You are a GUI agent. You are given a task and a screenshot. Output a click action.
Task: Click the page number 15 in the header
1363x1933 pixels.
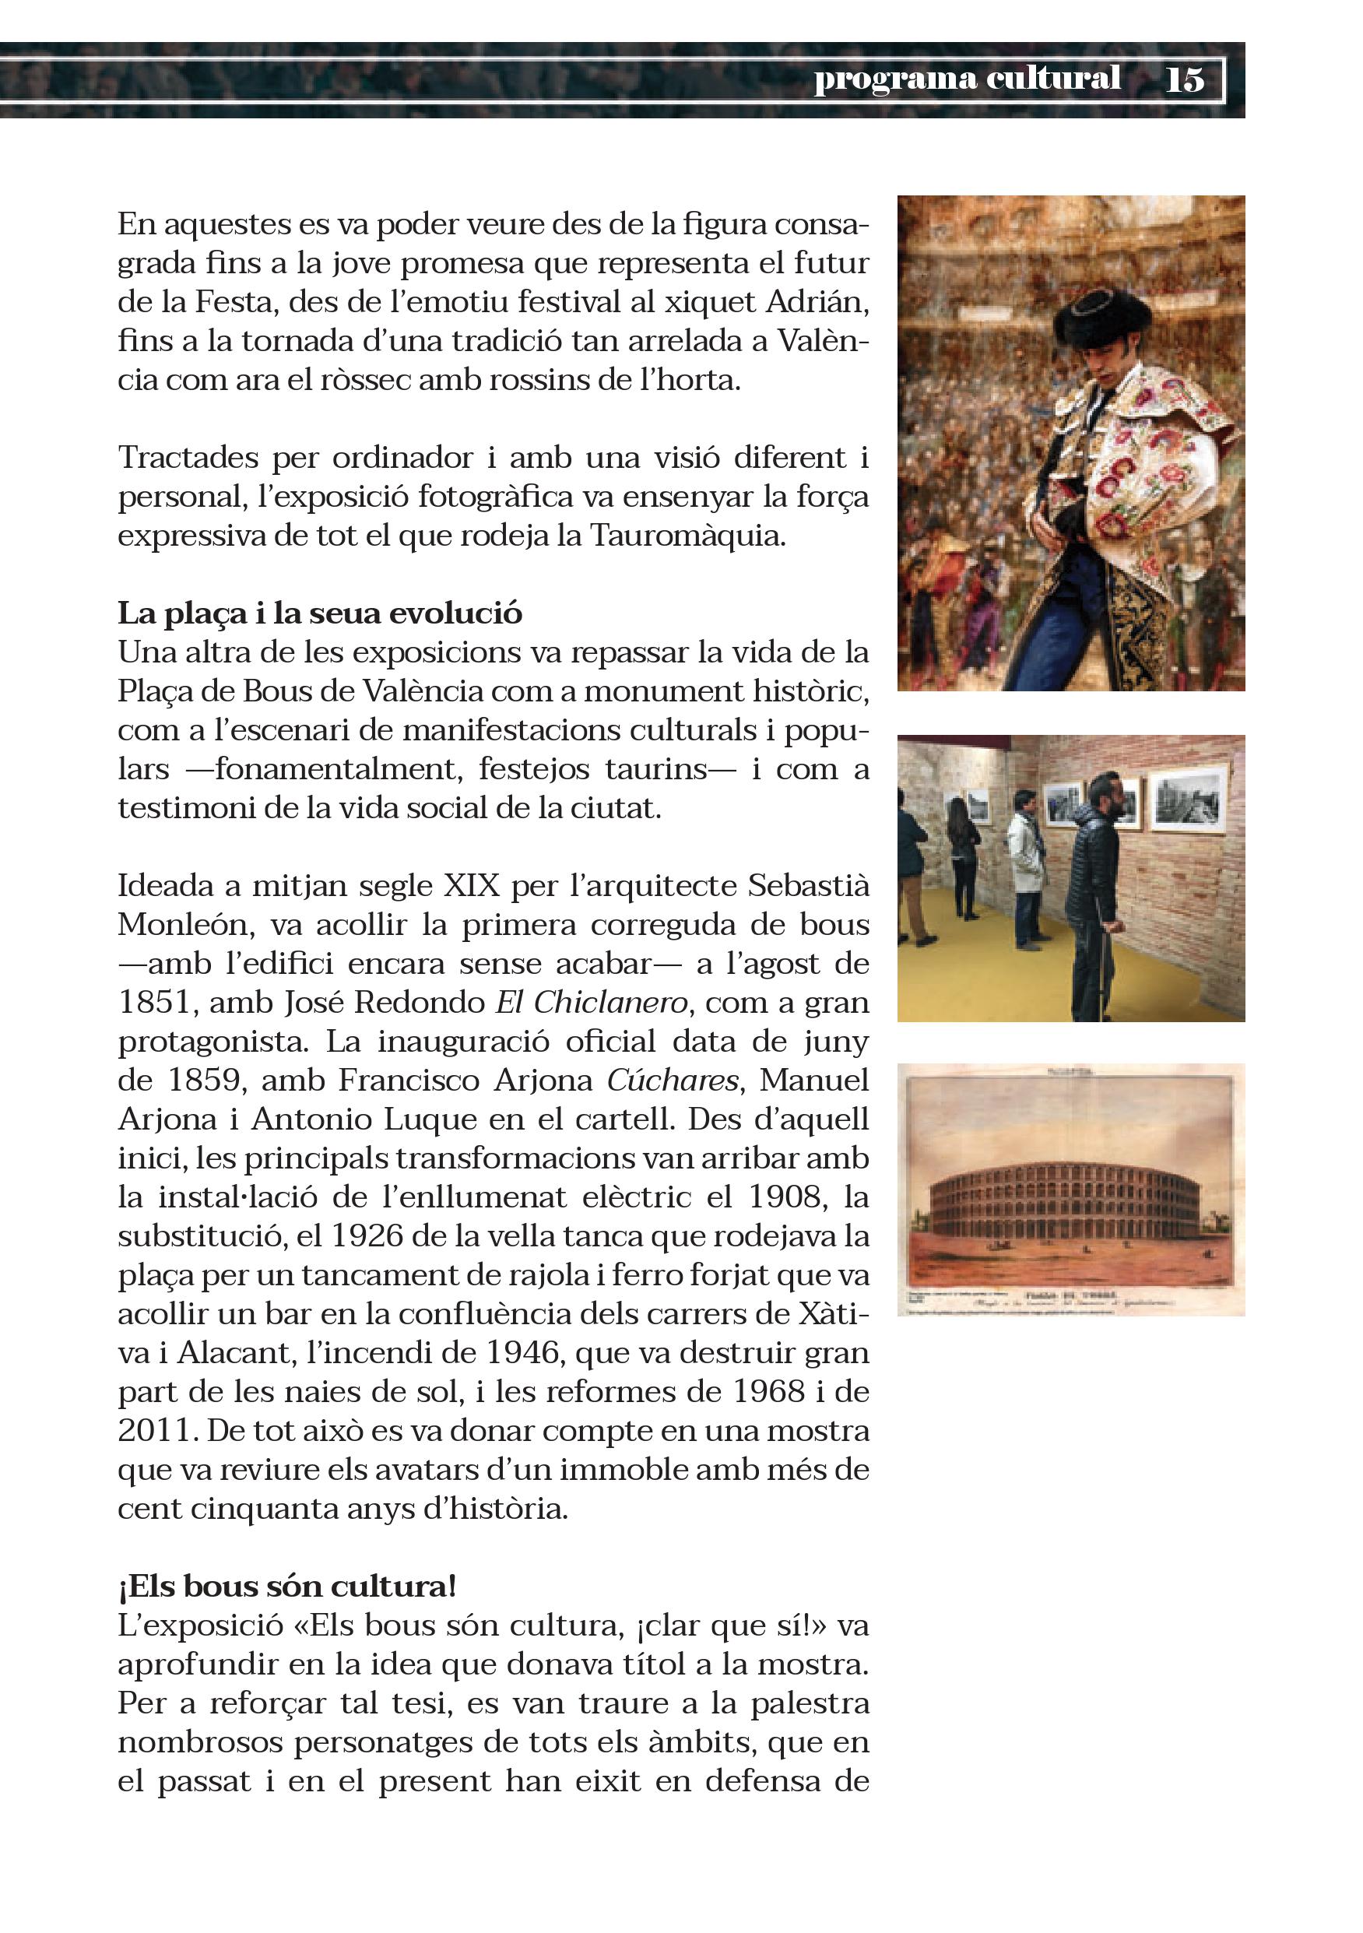click(x=1185, y=80)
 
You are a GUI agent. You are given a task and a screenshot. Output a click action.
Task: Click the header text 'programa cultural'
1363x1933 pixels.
click(x=967, y=79)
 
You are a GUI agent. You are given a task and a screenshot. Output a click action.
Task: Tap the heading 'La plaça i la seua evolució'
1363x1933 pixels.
click(x=320, y=613)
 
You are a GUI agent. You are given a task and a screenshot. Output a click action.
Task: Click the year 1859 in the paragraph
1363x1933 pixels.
click(x=204, y=1080)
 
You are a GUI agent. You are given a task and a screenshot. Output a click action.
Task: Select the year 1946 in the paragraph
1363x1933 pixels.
click(x=523, y=1352)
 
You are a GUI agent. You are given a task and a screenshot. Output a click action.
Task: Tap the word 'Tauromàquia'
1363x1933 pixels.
click(x=687, y=536)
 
